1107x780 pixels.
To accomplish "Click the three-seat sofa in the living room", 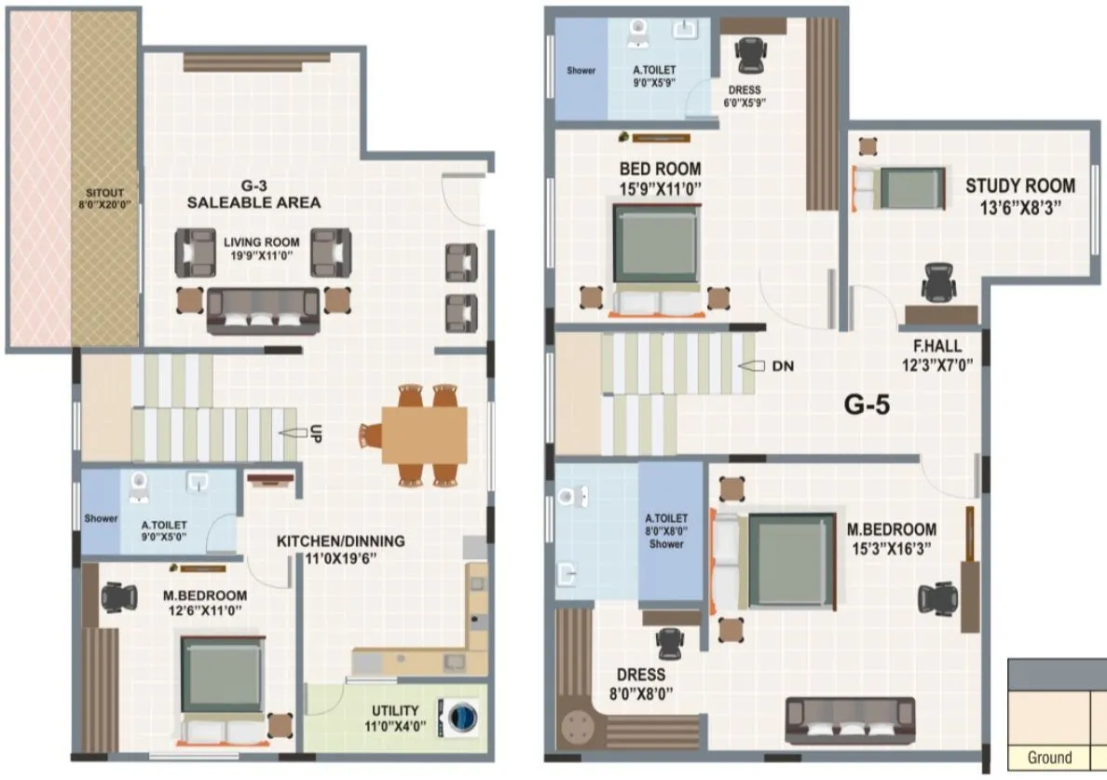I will point(262,310).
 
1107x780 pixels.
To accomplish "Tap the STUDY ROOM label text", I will point(1019,185).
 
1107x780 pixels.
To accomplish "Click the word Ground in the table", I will point(1049,758).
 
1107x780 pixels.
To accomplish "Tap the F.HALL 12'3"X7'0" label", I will point(937,355).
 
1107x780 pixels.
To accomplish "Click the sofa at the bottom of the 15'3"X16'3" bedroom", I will point(849,719).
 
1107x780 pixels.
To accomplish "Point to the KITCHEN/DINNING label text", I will point(340,541).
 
